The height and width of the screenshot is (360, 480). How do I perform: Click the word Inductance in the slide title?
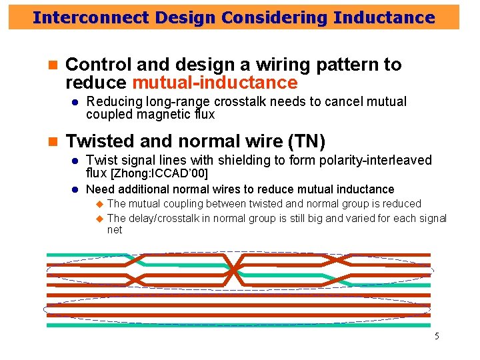[x=385, y=18]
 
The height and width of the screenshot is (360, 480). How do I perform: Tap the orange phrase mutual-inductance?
[x=215, y=83]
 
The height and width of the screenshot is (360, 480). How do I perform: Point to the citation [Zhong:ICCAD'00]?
[x=159, y=174]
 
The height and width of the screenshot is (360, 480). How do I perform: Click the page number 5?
[x=437, y=336]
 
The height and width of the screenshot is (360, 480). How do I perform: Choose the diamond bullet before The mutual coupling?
[x=99, y=203]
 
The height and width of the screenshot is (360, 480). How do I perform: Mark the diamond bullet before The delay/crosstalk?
[x=99, y=218]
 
